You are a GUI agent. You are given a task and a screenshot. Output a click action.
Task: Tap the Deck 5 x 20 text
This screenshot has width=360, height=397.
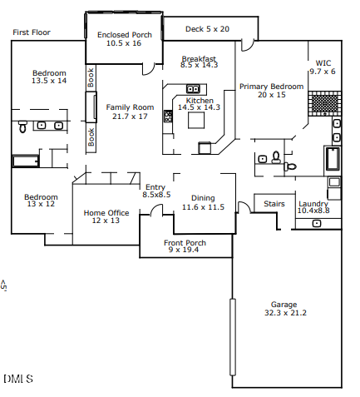[x=207, y=29]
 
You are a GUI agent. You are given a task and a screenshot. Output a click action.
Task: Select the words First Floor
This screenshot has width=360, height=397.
[x=31, y=32]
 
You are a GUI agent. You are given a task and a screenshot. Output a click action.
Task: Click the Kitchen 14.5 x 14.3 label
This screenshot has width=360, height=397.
[x=199, y=103]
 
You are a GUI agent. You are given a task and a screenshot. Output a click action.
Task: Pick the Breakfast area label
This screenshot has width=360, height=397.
[x=199, y=61]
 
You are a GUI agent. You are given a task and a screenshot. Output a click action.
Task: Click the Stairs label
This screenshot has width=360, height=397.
[x=274, y=203]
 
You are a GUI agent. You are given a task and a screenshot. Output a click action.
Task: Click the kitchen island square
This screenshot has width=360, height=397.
[x=196, y=121]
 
